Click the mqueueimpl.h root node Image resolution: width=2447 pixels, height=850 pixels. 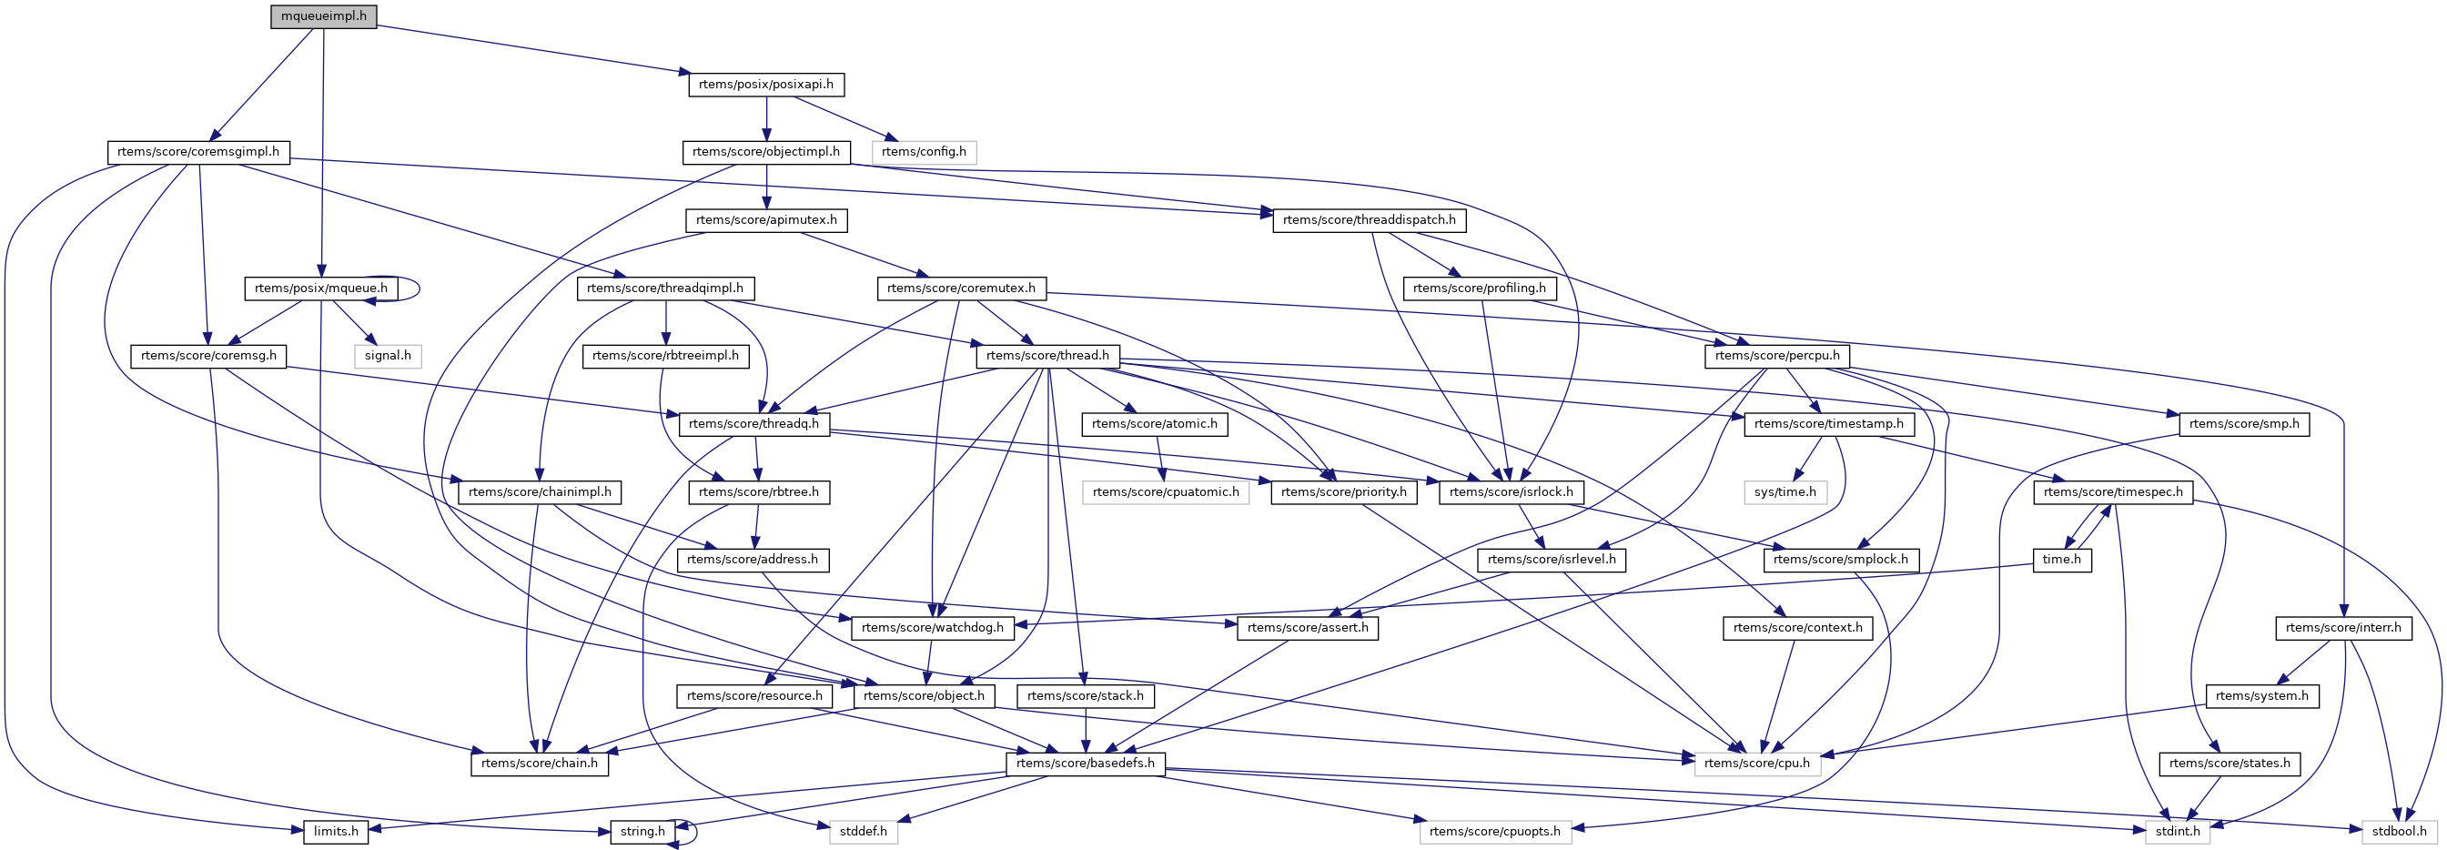(323, 17)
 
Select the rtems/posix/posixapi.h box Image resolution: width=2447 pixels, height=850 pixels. (765, 85)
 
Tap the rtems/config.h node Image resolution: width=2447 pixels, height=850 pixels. (924, 152)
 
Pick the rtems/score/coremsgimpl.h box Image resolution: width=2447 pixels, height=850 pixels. (197, 152)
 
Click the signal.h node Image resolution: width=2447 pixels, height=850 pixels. (388, 356)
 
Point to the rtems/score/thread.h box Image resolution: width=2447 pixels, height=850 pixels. (1047, 356)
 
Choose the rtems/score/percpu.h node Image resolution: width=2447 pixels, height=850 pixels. (1776, 356)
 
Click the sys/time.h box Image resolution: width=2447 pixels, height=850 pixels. (1785, 492)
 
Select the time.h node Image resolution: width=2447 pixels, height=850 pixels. (2061, 561)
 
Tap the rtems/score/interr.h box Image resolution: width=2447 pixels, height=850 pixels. (2342, 628)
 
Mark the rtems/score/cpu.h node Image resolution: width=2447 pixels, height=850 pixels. (1757, 764)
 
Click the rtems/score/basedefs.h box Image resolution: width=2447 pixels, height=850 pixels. (1085, 764)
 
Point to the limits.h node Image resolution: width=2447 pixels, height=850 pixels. (337, 832)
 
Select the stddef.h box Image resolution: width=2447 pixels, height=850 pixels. (863, 832)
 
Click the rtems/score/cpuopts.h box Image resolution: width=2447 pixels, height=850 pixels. (1495, 832)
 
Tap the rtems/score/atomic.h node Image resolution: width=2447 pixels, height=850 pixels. (1154, 423)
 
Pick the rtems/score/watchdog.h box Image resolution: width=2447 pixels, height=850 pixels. (933, 628)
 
